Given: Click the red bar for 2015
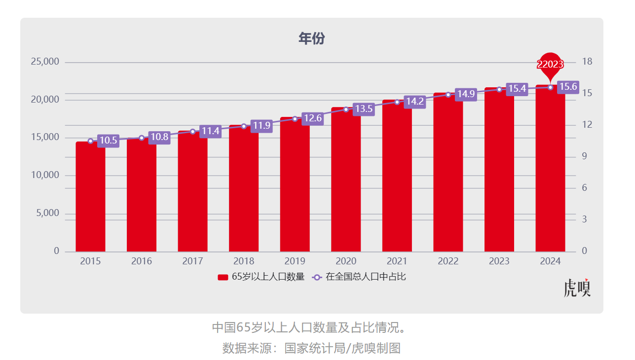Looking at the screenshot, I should coord(90,197).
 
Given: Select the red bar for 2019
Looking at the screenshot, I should coord(295,187).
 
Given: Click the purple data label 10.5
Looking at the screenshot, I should coord(108,141).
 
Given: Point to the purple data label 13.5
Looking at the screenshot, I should coord(364,109).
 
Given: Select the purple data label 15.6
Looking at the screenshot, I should coord(568,87).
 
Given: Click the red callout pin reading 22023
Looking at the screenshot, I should coord(550,65).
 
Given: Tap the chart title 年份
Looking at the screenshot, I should coord(311,38).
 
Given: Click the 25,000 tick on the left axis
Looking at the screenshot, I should coord(45,62).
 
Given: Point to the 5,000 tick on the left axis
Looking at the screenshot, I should coord(48,214).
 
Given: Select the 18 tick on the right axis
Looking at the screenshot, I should coord(587,62).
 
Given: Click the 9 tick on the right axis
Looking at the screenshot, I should coord(585,156).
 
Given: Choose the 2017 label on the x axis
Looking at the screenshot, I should coord(192,261).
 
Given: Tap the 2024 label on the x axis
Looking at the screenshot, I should coord(550,261).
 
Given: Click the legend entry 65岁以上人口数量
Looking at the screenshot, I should coord(261,277).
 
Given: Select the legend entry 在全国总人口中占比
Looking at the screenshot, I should coord(360,277).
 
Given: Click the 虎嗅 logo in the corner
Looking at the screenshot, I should coord(577,288).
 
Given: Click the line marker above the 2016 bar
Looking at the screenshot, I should coord(142,138).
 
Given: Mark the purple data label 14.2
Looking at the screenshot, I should coord(414,102).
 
